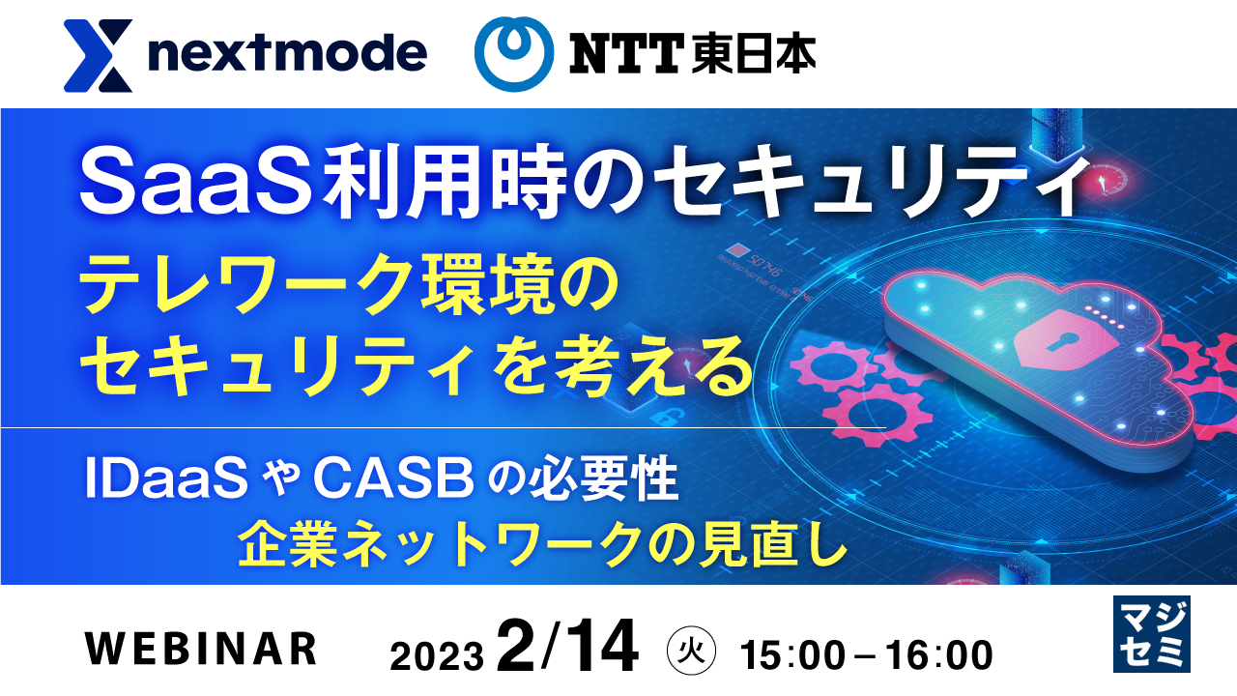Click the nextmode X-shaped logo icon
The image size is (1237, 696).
click(x=98, y=56)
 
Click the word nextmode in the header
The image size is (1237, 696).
click(x=288, y=54)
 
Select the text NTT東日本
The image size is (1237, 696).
click(x=692, y=56)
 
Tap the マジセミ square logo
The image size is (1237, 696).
click(x=1151, y=634)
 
